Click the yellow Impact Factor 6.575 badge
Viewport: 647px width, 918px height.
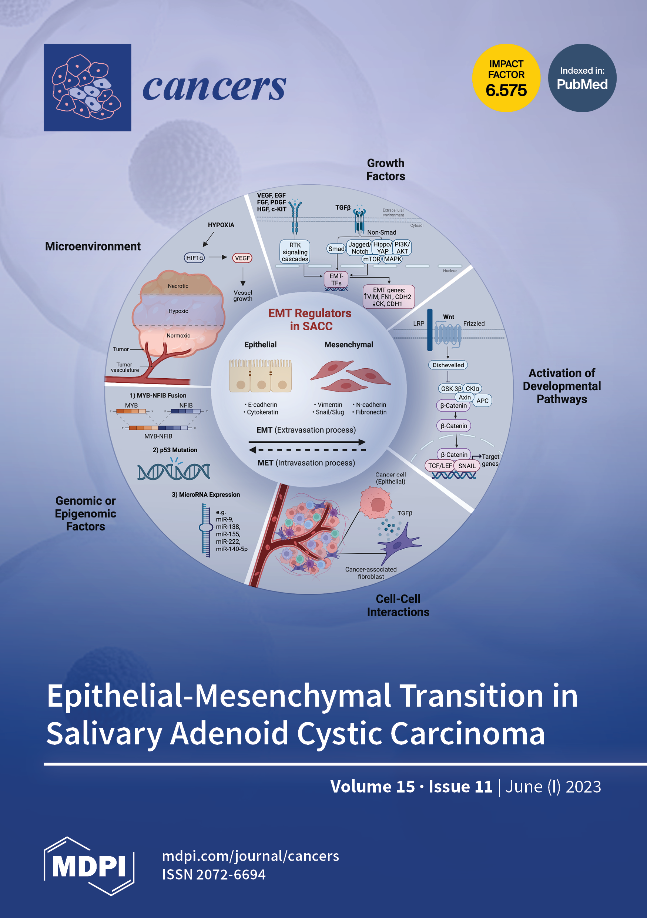pos(506,78)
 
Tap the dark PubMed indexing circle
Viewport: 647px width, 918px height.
pos(582,78)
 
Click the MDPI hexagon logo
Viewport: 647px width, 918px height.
pos(89,866)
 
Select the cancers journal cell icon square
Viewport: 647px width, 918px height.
pos(87,87)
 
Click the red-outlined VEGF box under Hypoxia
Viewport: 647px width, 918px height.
pos(242,258)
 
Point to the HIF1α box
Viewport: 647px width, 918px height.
pos(194,258)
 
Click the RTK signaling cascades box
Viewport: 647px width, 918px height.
pos(295,252)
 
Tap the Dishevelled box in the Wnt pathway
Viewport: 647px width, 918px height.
pos(448,365)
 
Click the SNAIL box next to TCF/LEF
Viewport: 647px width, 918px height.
pos(467,466)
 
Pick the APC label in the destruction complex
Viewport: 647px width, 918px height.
pos(482,401)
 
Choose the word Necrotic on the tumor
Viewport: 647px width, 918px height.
pos(178,286)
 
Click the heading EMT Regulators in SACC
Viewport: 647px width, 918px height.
pos(310,319)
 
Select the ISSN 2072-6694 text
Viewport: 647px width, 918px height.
pos(214,874)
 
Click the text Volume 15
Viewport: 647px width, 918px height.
pos(372,787)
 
